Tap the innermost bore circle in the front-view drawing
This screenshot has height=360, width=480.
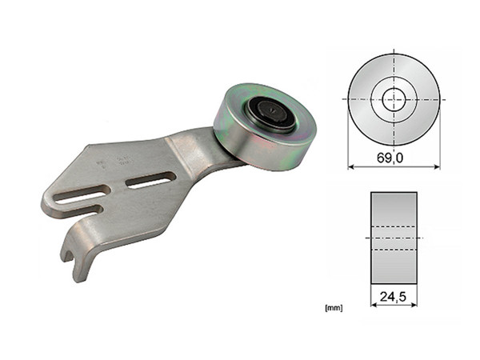tap(394, 99)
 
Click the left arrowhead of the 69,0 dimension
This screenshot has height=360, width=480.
tap(350, 166)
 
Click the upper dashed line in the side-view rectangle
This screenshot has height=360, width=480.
tap(394, 226)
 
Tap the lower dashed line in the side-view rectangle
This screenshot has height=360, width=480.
tap(394, 250)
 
